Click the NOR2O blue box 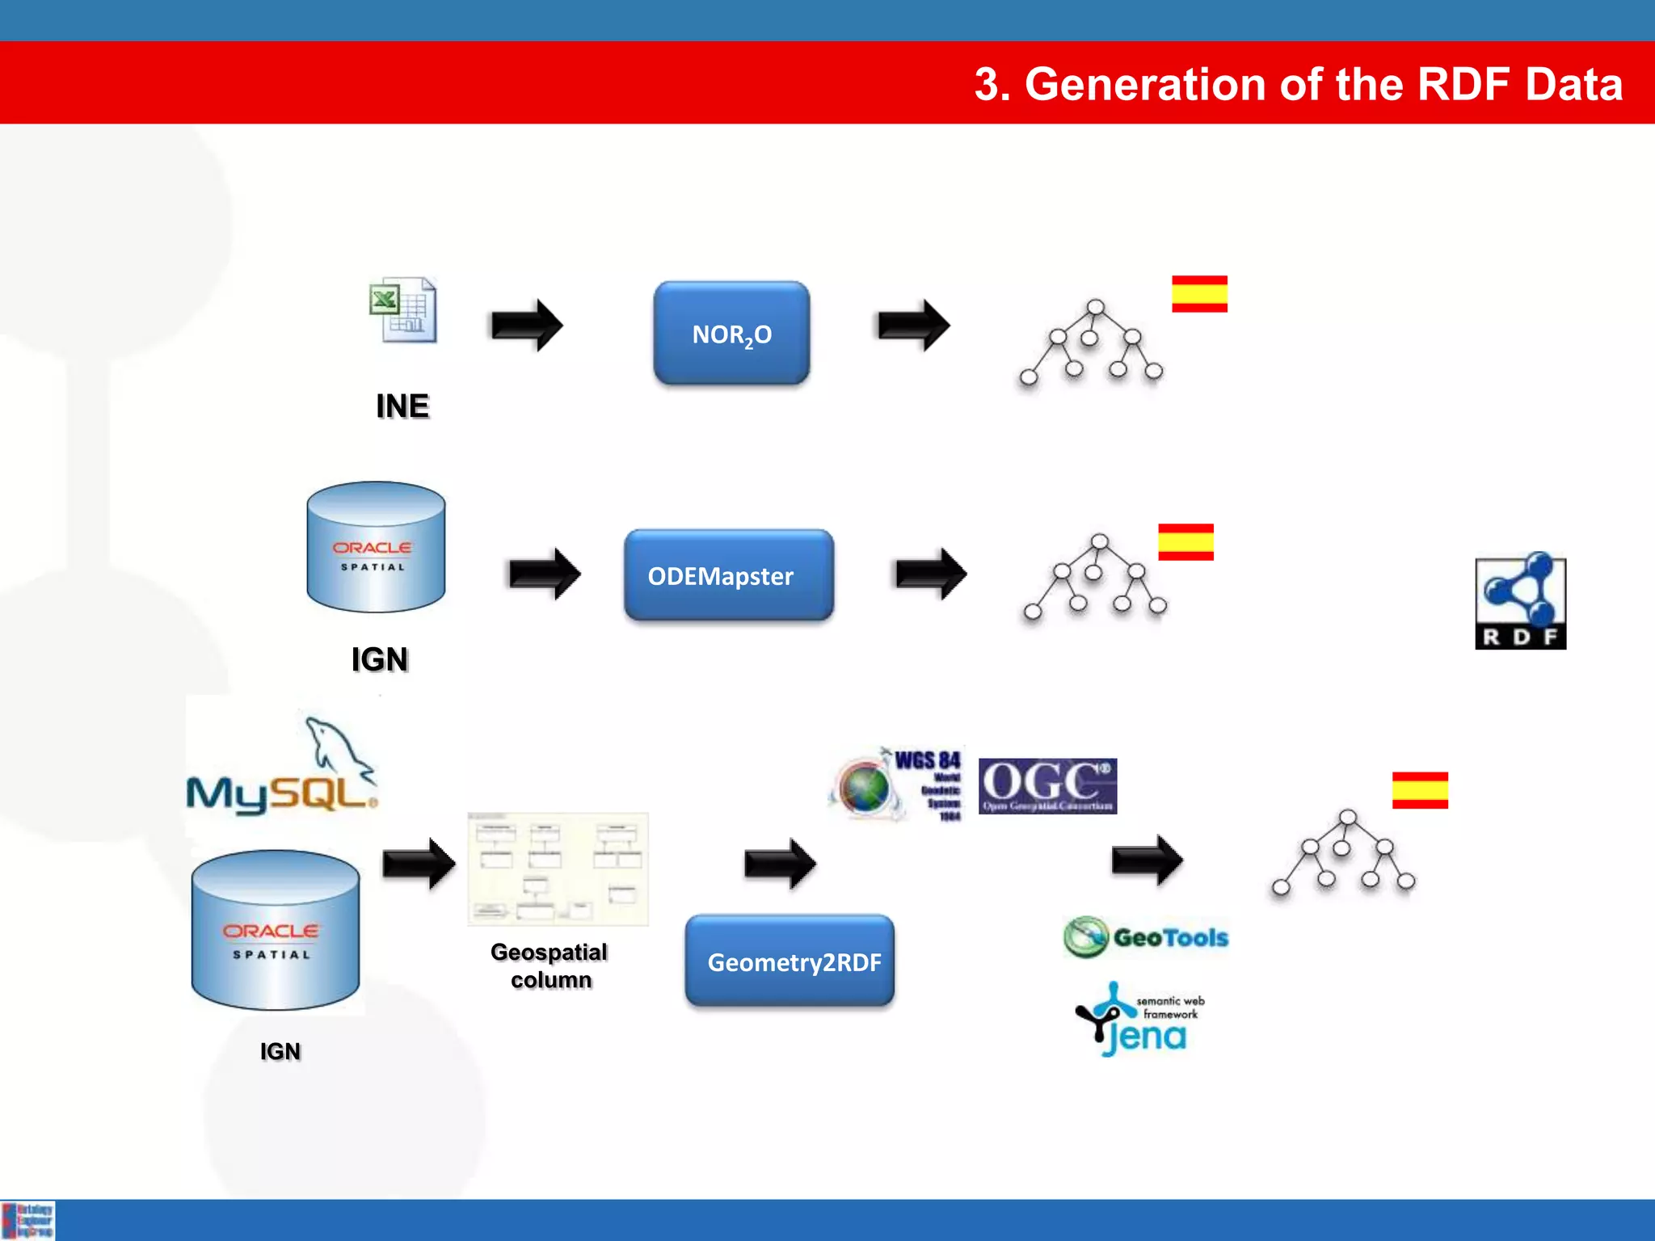[x=731, y=333]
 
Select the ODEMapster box [x=728, y=575]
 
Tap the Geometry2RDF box [x=790, y=961]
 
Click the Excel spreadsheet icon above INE [x=403, y=310]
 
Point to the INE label [x=402, y=406]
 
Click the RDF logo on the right [x=1520, y=603]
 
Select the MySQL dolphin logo [x=282, y=767]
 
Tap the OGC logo [x=1047, y=785]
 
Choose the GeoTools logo [x=1146, y=937]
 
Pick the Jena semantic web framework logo [x=1141, y=1020]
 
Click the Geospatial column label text [x=550, y=965]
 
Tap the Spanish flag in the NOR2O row [x=1199, y=293]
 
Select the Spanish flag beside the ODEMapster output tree [x=1185, y=541]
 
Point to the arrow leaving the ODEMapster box [x=931, y=574]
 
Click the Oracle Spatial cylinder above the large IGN [x=376, y=547]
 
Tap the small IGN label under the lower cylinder [x=280, y=1051]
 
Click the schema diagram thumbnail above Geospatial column [x=558, y=869]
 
